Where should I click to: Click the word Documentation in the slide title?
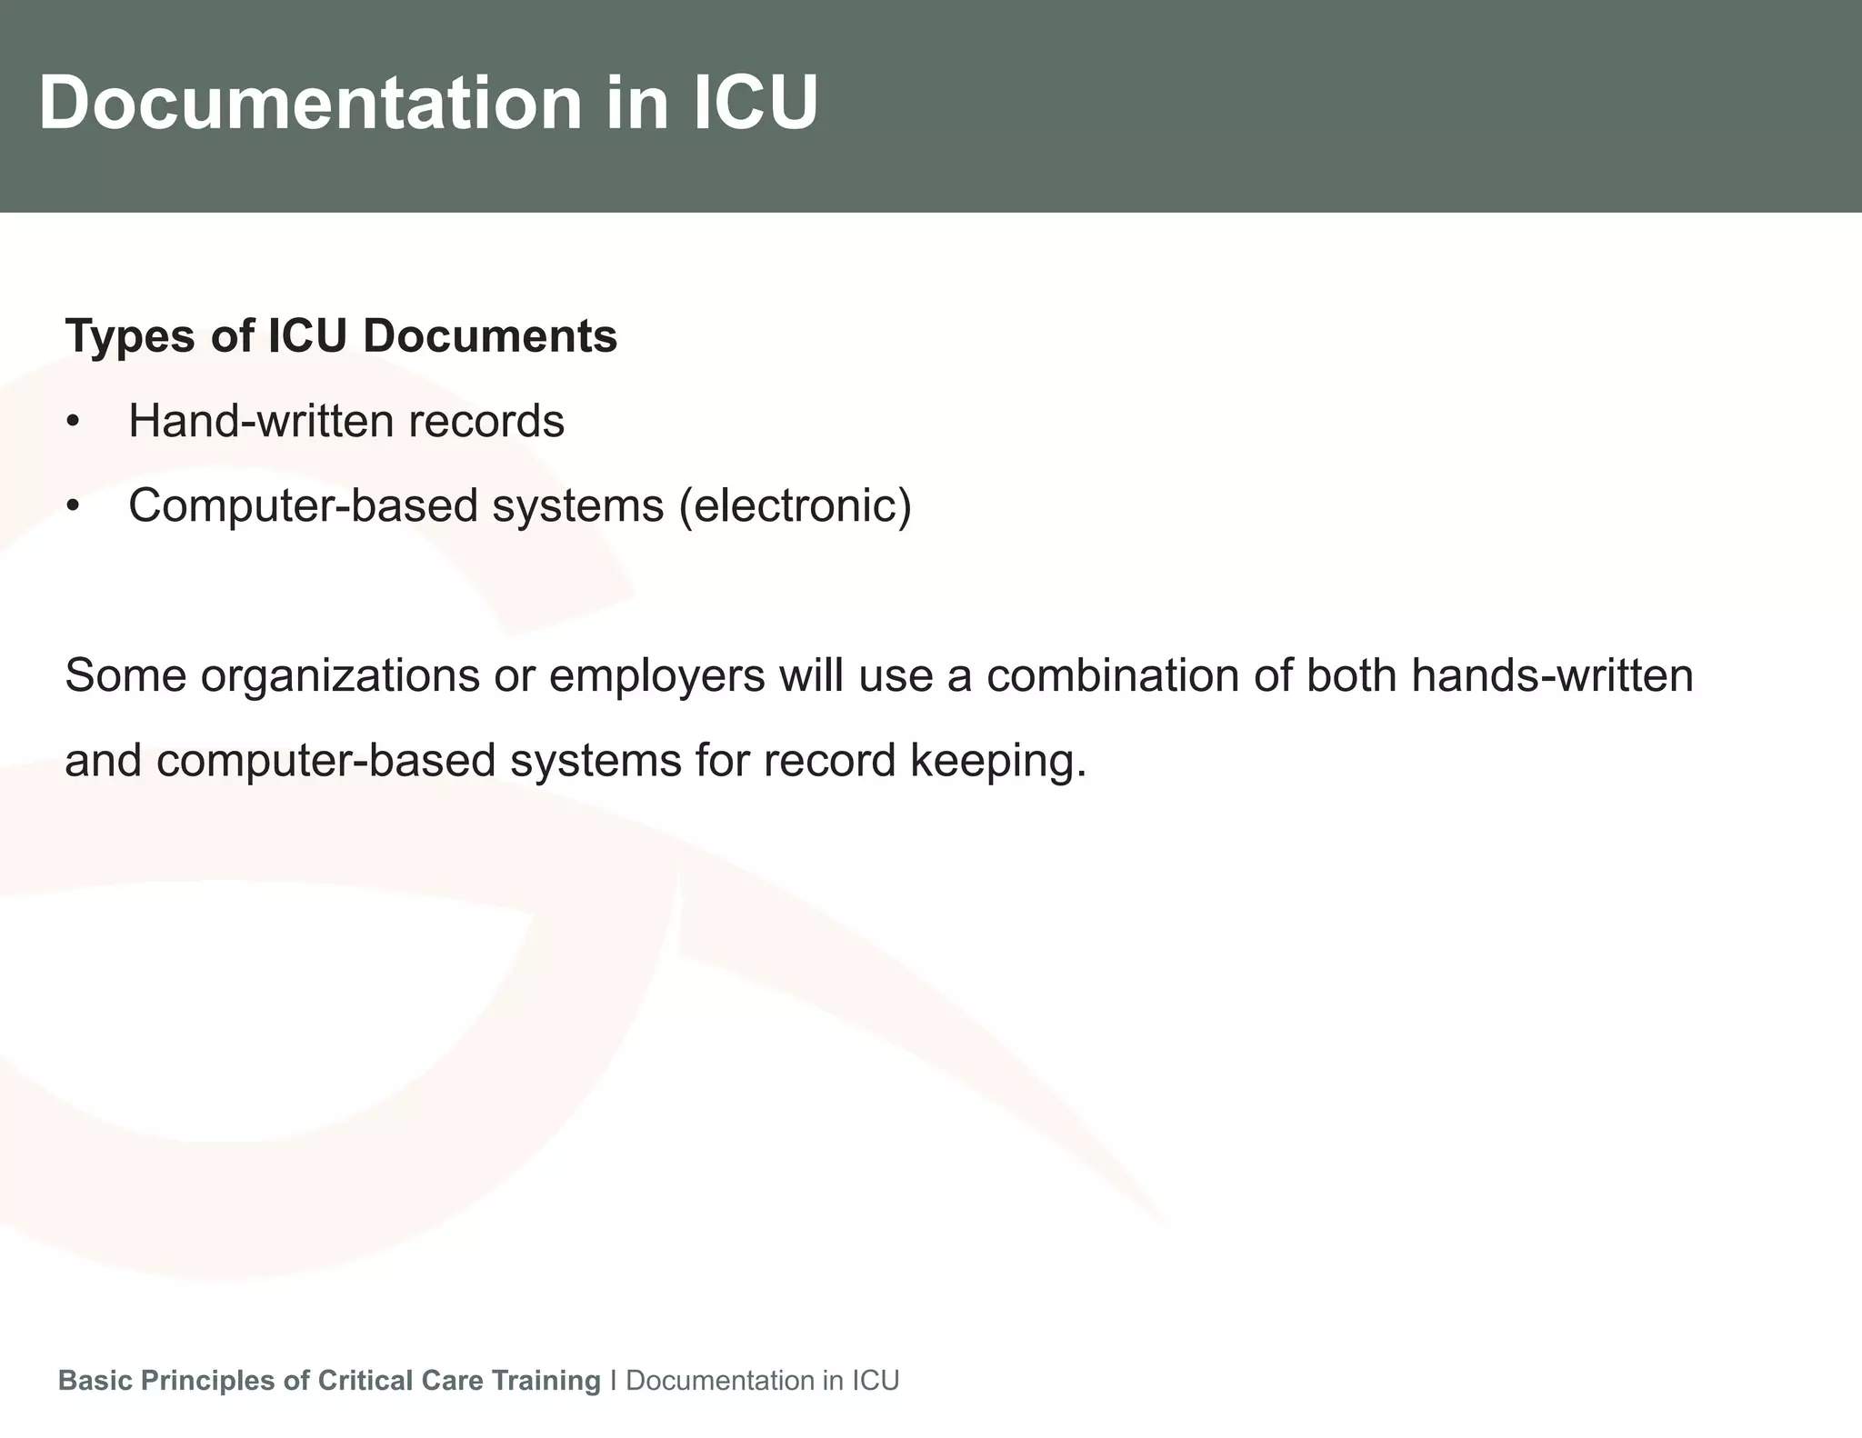click(309, 103)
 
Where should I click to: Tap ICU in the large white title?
click(756, 103)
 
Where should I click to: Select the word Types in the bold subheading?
click(130, 336)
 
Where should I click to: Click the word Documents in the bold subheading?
click(490, 336)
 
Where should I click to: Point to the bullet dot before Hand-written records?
click(74, 423)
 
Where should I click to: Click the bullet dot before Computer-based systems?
click(74, 506)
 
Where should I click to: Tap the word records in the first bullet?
click(486, 421)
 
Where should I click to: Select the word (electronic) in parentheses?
click(795, 505)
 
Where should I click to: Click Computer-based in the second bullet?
click(303, 505)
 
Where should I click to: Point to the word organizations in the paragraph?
click(340, 676)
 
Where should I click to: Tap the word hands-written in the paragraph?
click(1552, 676)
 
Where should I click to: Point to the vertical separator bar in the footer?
click(614, 1380)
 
